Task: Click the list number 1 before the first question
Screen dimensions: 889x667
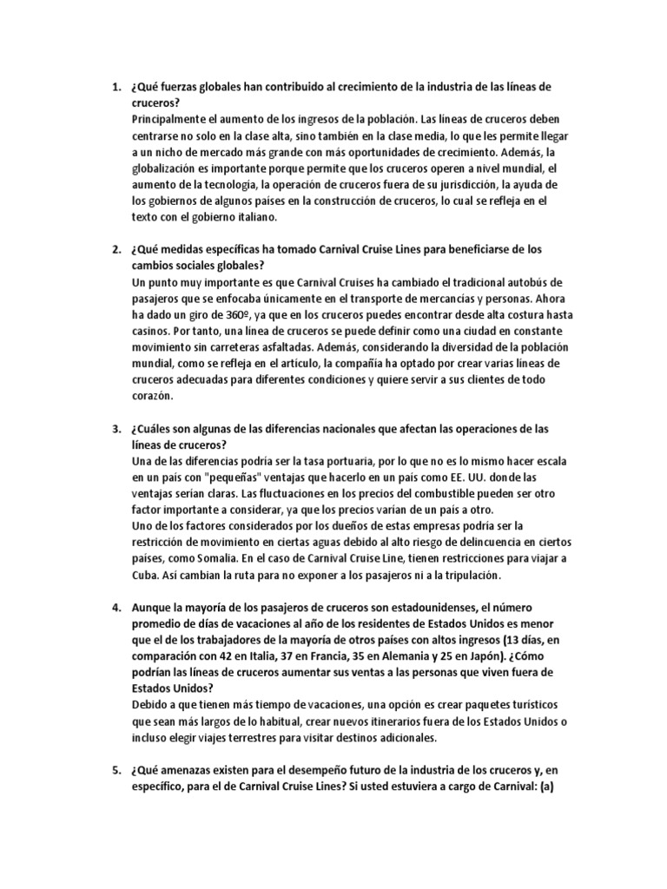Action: (117, 87)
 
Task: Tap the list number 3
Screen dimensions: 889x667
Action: (117, 430)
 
